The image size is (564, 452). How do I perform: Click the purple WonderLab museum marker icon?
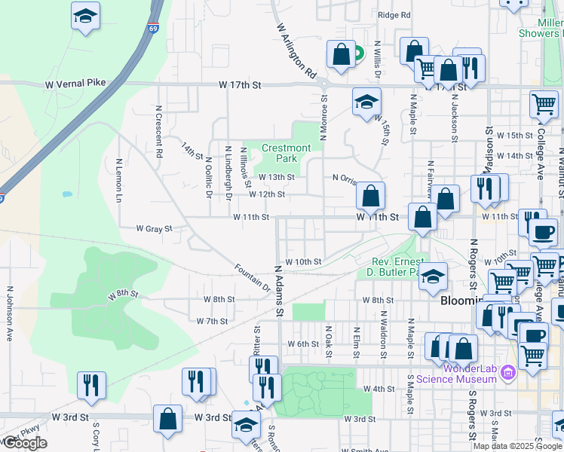tap(508, 372)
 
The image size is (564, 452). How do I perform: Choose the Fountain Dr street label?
tap(252, 277)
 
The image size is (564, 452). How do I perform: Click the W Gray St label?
tap(154, 228)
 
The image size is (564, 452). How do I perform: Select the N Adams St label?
tap(278, 289)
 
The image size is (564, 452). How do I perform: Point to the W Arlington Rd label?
tap(296, 50)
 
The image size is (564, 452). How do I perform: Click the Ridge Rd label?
tap(394, 14)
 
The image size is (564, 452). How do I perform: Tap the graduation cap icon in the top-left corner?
tap(86, 15)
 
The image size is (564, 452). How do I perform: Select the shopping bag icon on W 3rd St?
tap(167, 419)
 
